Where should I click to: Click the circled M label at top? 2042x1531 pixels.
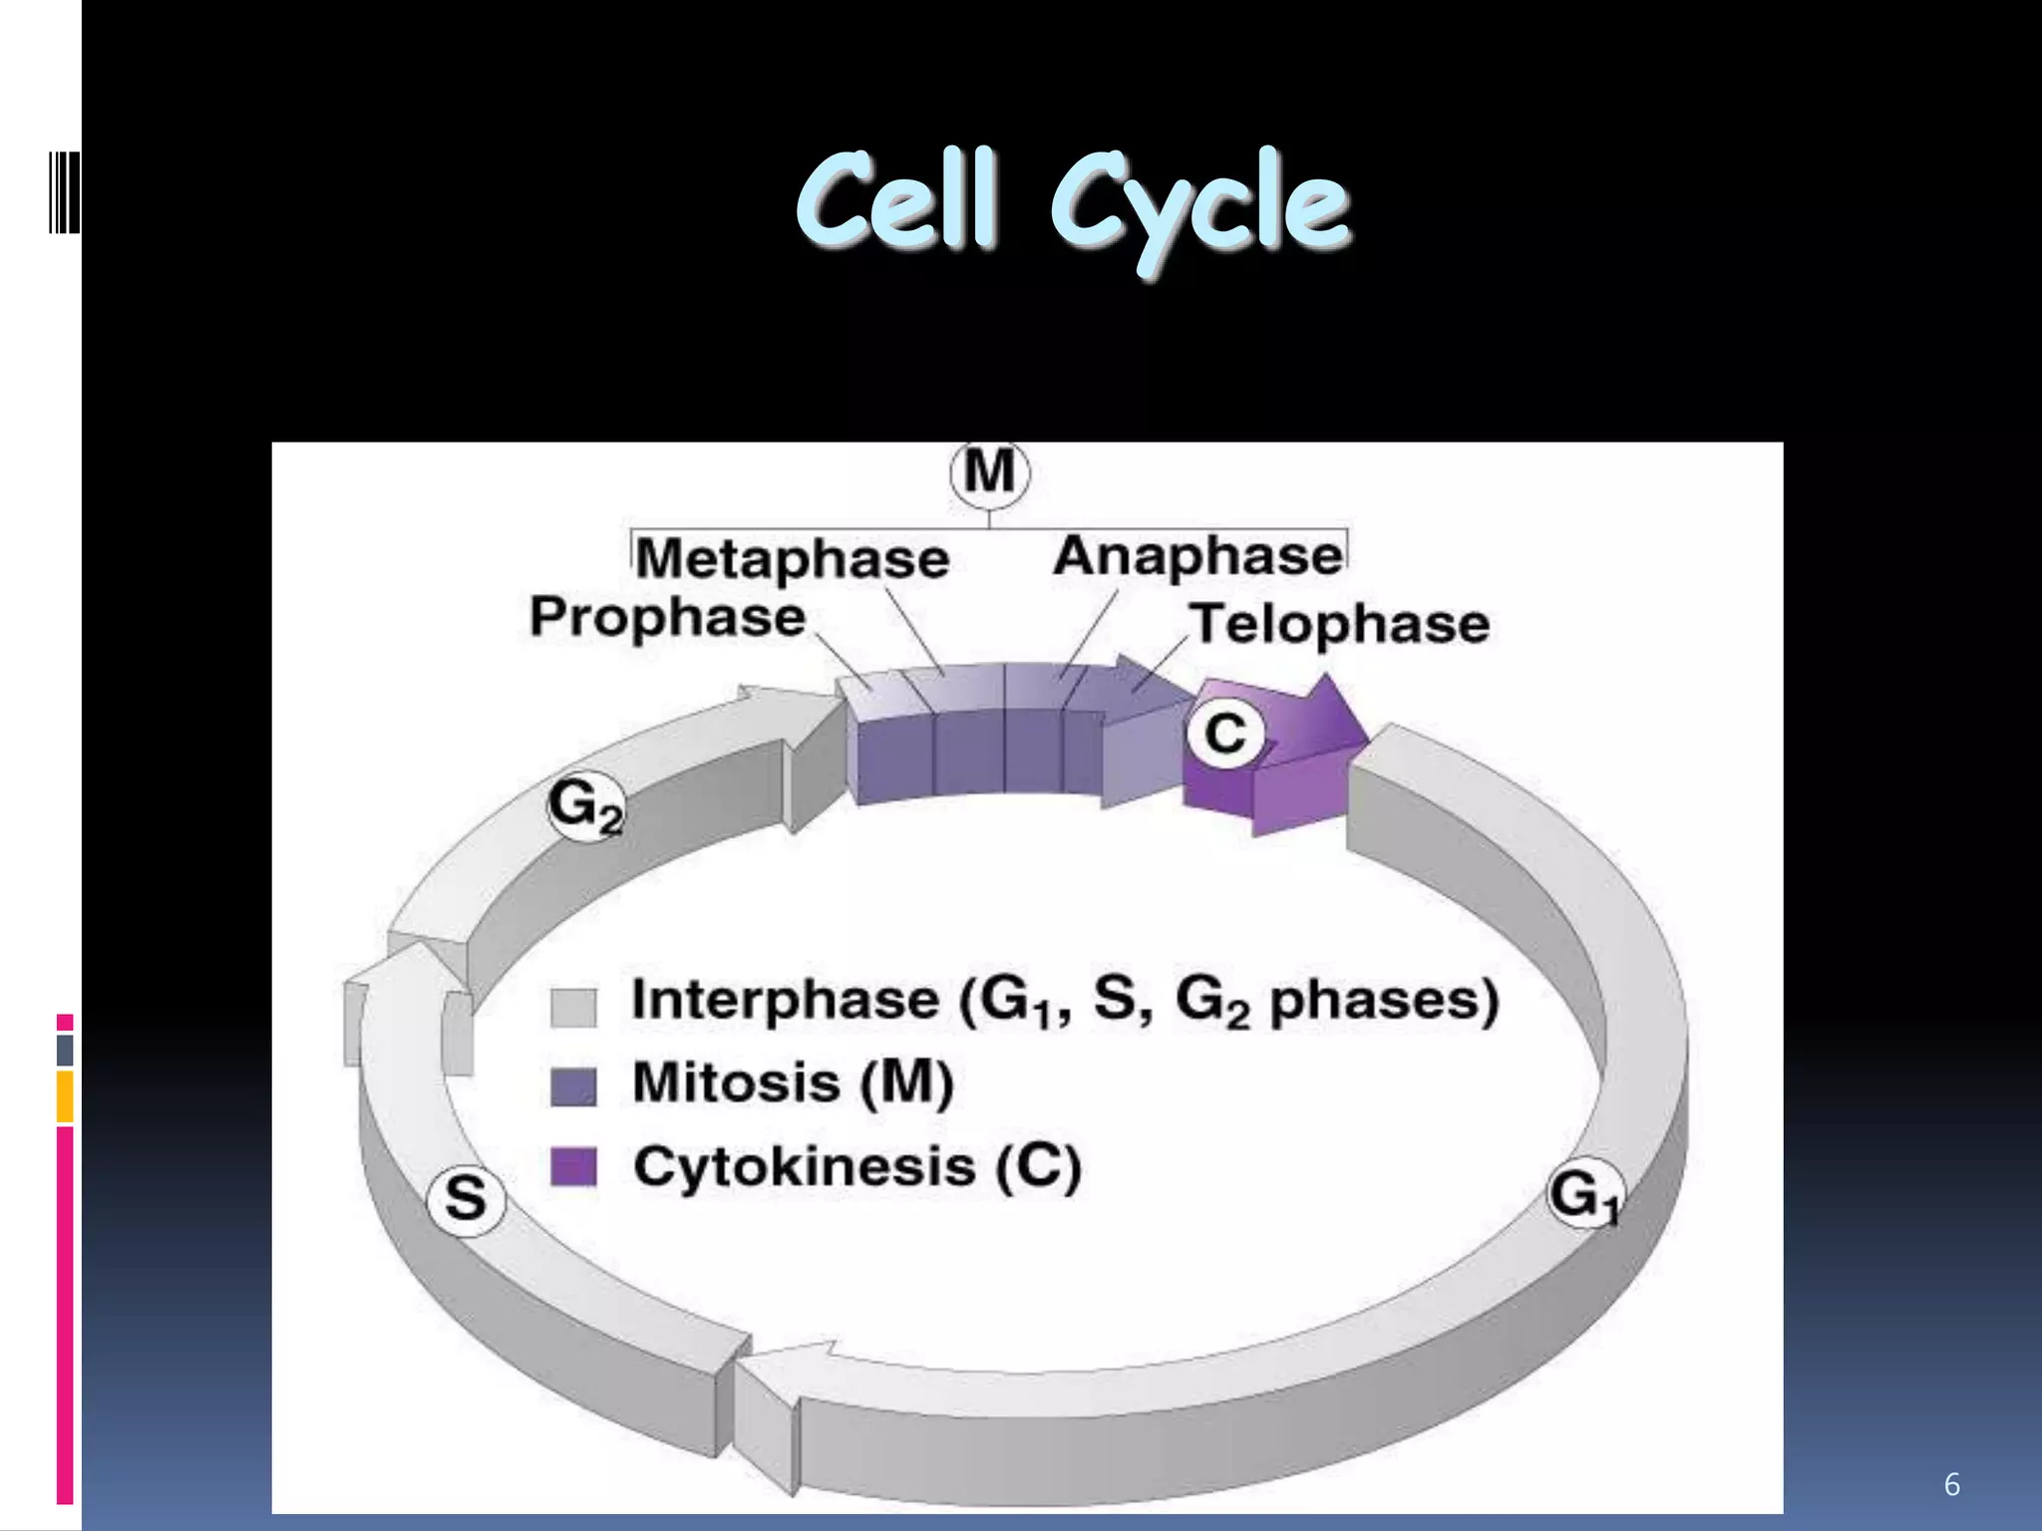tap(989, 472)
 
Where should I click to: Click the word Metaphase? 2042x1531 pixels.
tap(793, 558)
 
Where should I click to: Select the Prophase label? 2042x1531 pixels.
tap(667, 616)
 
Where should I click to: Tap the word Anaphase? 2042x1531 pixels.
tap(1198, 556)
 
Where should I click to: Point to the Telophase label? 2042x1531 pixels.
tap(1340, 624)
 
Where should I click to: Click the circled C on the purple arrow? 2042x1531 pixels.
tap(1225, 734)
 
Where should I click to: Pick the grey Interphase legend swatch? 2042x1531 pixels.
tap(573, 1007)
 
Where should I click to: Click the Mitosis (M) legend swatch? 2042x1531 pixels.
tap(573, 1086)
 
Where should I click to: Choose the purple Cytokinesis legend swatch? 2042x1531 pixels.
tap(573, 1166)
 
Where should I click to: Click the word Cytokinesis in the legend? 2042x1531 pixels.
tap(804, 1166)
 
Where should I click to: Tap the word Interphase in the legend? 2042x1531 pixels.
tap(786, 1000)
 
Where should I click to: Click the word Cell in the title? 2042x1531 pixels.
tap(896, 202)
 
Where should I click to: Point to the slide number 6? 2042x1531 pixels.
tap(1951, 1485)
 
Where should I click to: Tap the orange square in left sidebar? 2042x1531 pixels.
tap(65, 1096)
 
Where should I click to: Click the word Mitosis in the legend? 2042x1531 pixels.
tap(737, 1082)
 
